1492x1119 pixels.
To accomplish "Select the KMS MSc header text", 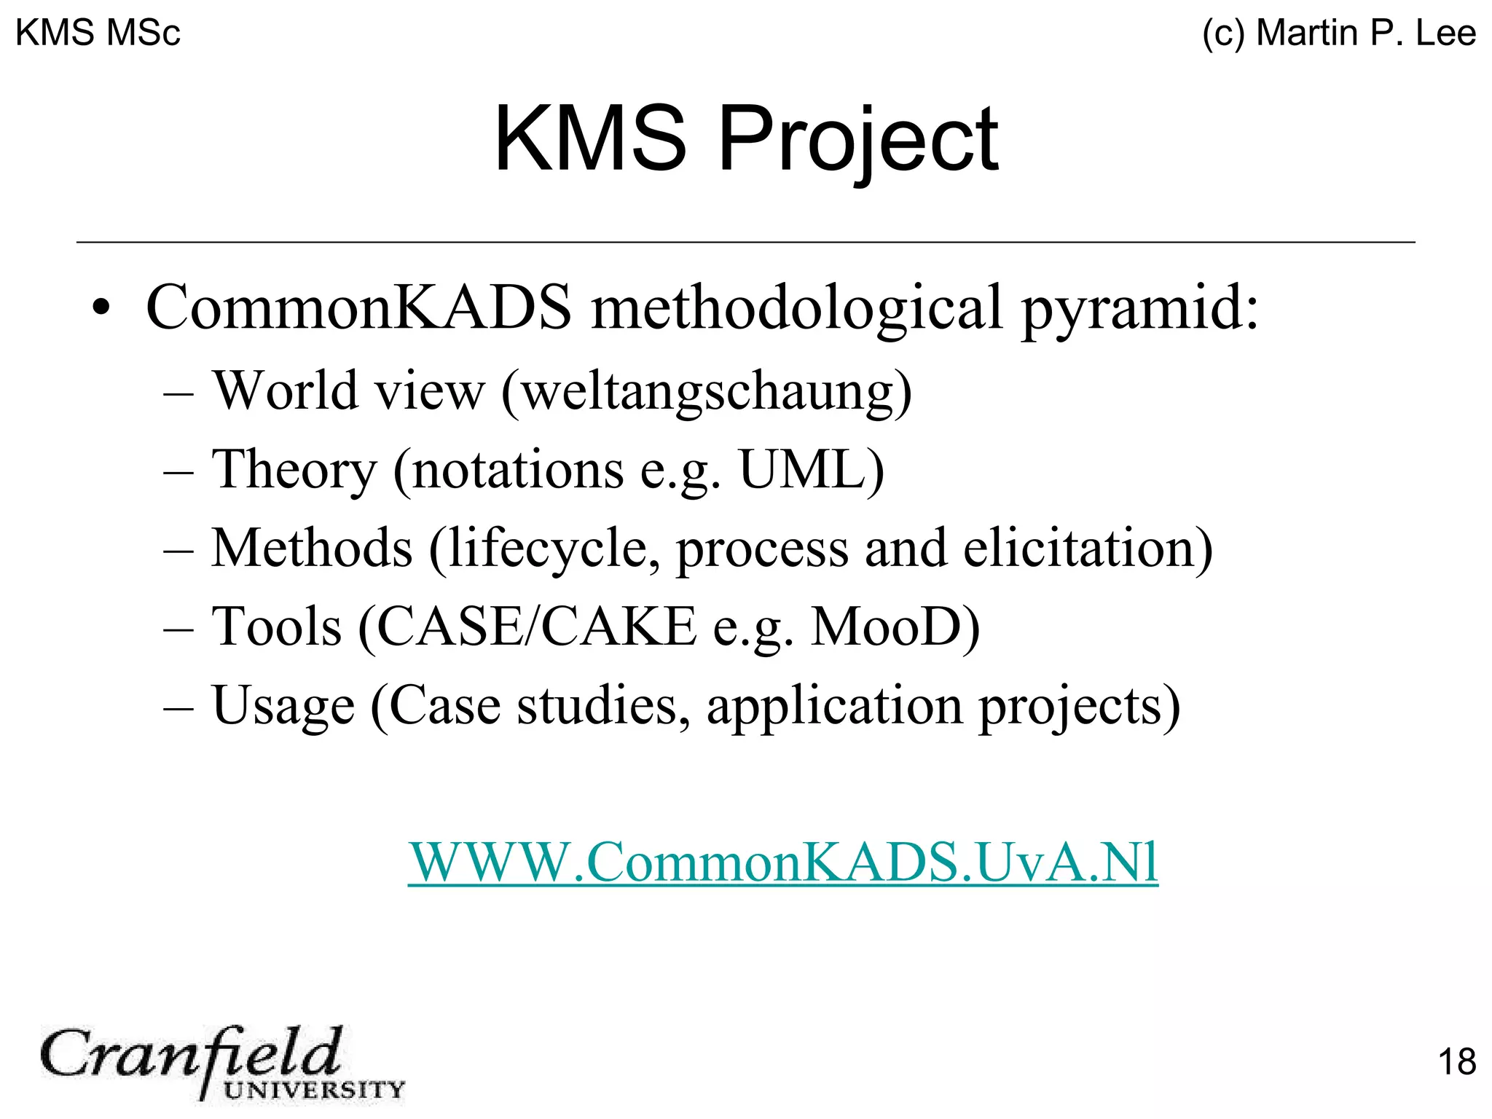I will tap(98, 33).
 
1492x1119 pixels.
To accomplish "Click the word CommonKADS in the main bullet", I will tap(358, 307).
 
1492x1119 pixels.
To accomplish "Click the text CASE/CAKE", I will tap(536, 627).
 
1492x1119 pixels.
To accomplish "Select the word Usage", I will tap(283, 705).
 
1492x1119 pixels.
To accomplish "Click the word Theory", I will tap(294, 469).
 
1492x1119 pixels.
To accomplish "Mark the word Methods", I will tap(312, 548).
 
